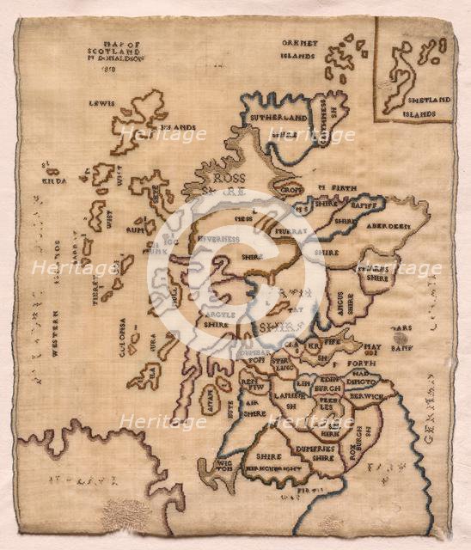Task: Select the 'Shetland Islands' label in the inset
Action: [427, 106]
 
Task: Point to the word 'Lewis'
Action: [102, 102]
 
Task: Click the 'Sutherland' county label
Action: [278, 118]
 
